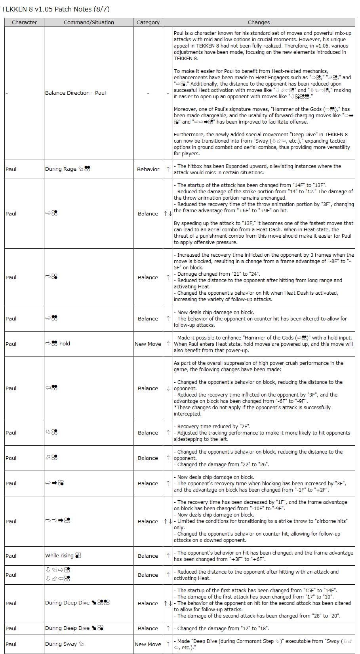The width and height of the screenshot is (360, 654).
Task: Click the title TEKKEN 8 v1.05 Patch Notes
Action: click(x=56, y=9)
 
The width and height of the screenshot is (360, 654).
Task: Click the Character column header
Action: click(x=24, y=23)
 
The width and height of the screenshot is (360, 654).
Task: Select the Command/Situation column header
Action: click(x=89, y=23)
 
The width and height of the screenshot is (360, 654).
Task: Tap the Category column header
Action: click(x=148, y=23)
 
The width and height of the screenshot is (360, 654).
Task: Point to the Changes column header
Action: click(x=259, y=23)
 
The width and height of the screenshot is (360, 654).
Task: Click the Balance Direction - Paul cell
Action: click(x=76, y=93)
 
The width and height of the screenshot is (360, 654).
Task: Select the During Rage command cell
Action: click(x=68, y=169)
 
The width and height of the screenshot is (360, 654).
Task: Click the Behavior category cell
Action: click(x=148, y=170)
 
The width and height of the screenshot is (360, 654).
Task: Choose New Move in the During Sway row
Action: click(x=148, y=644)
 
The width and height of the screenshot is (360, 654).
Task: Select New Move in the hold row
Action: click(x=148, y=344)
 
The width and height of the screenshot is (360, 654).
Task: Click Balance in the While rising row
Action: click(x=148, y=556)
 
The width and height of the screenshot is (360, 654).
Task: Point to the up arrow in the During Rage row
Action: click(x=168, y=170)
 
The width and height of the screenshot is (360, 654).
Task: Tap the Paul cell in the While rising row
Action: click(x=11, y=556)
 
